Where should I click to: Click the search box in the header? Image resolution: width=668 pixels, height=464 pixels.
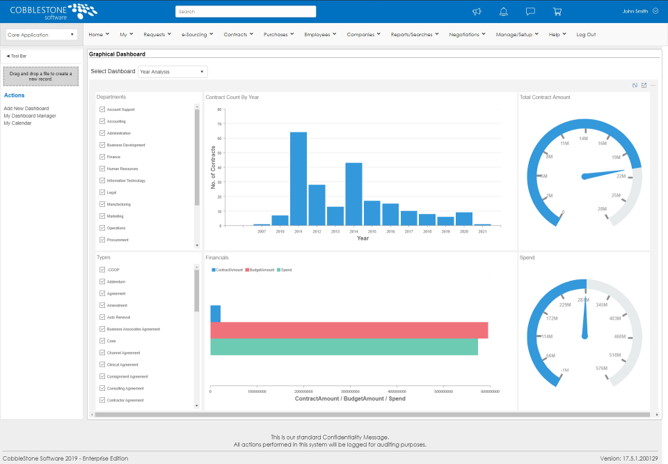click(x=246, y=12)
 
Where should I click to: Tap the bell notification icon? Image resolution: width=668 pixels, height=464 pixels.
click(x=504, y=12)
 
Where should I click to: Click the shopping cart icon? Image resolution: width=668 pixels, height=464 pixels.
click(x=557, y=12)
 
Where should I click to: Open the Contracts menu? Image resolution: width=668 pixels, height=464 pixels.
click(x=238, y=34)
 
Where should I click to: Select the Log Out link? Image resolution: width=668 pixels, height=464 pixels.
click(x=586, y=34)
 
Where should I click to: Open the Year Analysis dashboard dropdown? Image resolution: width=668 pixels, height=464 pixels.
click(x=173, y=72)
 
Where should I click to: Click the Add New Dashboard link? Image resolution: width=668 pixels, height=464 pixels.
click(x=26, y=108)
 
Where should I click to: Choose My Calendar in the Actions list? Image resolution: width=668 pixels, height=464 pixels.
click(x=17, y=123)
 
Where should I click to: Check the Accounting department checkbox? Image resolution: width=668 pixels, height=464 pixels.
click(x=102, y=121)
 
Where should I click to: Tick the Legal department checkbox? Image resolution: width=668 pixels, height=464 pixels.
click(x=102, y=192)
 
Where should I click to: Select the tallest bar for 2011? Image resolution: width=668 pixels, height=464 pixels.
click(x=299, y=178)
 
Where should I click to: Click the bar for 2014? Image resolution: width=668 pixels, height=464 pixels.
click(x=353, y=194)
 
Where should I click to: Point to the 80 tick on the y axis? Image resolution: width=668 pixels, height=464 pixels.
click(x=219, y=109)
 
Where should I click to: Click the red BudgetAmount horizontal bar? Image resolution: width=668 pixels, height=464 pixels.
click(x=349, y=330)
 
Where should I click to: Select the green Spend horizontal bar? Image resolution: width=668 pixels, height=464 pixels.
click(x=344, y=347)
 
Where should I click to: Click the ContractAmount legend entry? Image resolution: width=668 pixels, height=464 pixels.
click(x=228, y=270)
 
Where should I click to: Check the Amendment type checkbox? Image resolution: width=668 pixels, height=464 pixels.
click(x=102, y=305)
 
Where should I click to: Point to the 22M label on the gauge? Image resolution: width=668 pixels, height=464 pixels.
click(x=621, y=176)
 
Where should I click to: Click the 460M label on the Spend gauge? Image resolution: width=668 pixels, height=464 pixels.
click(x=620, y=337)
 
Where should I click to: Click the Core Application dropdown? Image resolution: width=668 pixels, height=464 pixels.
click(x=41, y=34)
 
